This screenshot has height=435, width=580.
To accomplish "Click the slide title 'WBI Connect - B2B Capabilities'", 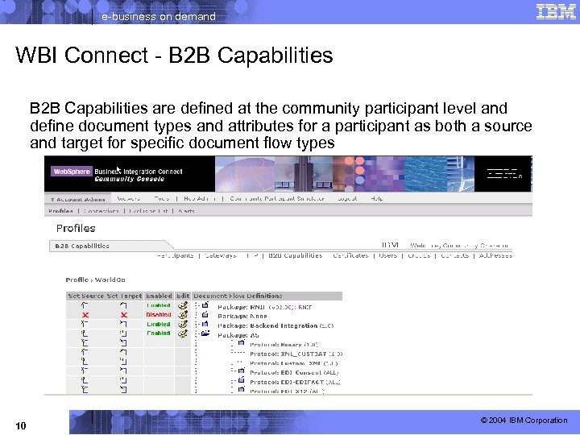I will coord(174,56).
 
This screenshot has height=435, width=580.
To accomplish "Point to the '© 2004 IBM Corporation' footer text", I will coord(524,420).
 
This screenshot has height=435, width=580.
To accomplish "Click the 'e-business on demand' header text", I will coord(158,16).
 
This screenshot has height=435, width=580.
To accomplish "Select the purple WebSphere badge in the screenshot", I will coord(71,172).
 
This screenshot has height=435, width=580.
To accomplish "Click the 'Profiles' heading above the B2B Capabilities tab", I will coord(76,228).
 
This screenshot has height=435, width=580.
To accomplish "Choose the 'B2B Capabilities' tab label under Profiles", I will coord(82,246).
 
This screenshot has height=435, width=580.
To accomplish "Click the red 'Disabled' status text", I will coord(158,315).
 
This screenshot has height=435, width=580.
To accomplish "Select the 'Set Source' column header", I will coord(85,296).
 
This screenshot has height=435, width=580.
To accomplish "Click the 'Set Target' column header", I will coord(125,296).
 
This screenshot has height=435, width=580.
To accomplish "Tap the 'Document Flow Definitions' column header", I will coord(238,296).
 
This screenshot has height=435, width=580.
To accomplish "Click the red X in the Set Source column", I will coord(85,315).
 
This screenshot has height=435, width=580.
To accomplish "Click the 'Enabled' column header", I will coord(159,296).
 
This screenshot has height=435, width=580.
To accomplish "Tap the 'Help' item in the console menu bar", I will coord(376,198).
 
